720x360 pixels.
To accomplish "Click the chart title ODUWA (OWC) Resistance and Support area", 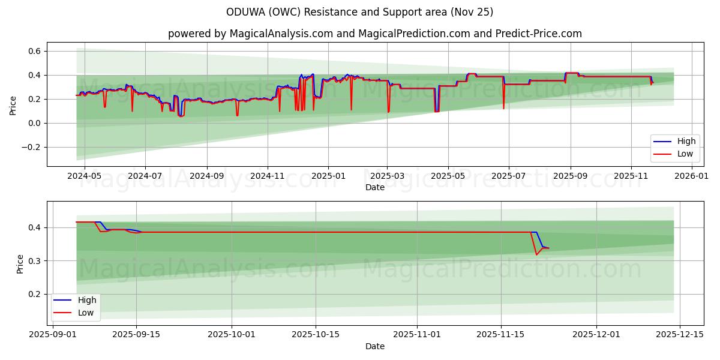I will pos(360,12).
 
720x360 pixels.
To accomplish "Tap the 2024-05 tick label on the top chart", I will pos(84,176).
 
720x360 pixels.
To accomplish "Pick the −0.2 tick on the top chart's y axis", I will pos(32,148).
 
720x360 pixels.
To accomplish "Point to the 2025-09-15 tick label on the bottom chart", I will pos(136,335).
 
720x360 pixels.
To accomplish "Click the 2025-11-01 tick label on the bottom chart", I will pos(417,335).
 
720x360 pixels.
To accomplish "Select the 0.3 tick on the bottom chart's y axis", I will pos(35,261).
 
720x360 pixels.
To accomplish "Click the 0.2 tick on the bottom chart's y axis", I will pos(35,294).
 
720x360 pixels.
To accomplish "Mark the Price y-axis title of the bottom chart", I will pos(20,264).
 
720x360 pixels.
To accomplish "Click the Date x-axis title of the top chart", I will pos(374,188).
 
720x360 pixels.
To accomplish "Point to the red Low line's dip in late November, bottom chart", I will pos(536,254).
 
